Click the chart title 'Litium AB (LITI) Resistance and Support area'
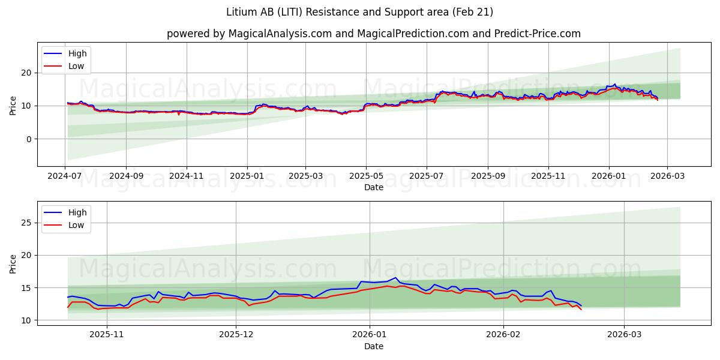tap(359, 12)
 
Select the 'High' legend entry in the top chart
tap(77, 53)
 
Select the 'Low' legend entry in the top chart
tap(76, 67)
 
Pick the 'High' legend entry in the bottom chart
tap(77, 212)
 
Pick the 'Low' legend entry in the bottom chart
tap(76, 225)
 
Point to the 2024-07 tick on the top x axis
tap(65, 176)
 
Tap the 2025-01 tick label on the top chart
tap(247, 176)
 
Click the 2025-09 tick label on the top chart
tap(487, 176)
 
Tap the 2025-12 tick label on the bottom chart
tap(236, 335)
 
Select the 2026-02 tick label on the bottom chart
tap(503, 335)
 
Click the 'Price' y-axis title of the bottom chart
tap(13, 263)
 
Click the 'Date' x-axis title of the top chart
tap(373, 187)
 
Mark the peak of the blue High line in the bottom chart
tap(396, 278)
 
